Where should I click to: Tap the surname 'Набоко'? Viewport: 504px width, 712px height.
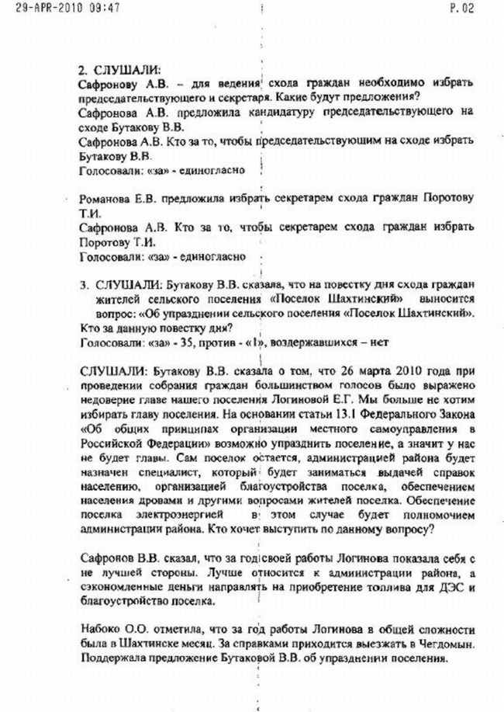click(x=101, y=629)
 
